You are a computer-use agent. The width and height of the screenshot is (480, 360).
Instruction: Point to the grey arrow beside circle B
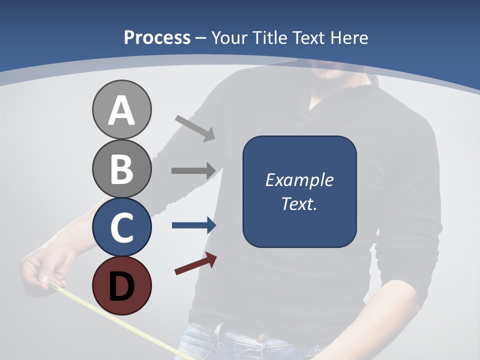[193, 170]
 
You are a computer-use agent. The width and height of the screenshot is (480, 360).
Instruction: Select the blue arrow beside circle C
[194, 225]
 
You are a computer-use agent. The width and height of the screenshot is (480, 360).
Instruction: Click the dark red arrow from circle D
[195, 263]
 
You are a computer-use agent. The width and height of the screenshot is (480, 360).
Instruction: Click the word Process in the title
[157, 37]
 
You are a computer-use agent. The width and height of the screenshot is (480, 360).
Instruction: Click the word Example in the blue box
[299, 180]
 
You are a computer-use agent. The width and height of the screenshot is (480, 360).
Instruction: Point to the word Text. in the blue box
[299, 204]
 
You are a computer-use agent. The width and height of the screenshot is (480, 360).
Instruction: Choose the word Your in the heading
[229, 37]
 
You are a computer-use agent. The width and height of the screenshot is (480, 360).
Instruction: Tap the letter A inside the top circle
[121, 111]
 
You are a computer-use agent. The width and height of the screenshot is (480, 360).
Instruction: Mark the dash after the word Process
[201, 38]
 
